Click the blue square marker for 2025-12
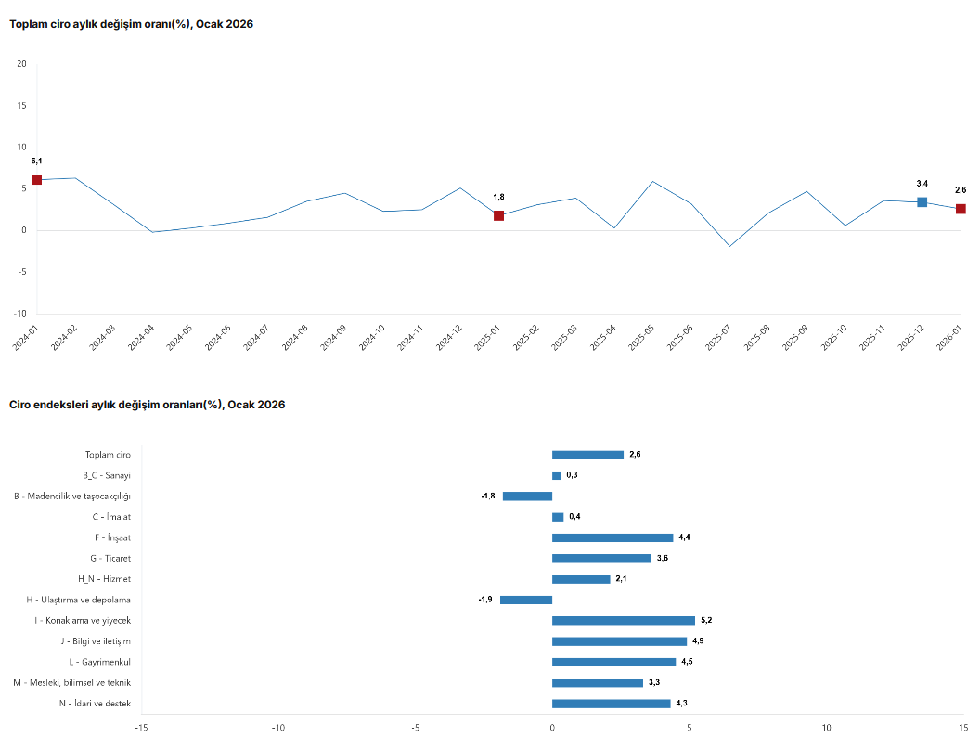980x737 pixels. [x=922, y=202]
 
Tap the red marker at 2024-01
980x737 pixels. [x=37, y=180]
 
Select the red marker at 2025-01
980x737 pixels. [x=498, y=216]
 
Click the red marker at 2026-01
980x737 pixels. [x=961, y=209]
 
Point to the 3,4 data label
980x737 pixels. [x=922, y=184]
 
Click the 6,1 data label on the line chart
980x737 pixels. [x=37, y=162]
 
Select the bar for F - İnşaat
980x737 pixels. [x=612, y=537]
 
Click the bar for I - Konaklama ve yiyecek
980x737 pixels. [x=624, y=621]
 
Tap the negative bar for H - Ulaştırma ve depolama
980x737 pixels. [x=526, y=600]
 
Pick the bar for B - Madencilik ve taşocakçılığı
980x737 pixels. [x=527, y=497]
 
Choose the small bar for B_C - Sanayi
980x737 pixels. [x=556, y=475]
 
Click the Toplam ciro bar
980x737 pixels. [x=587, y=455]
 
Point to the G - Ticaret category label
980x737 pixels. [x=110, y=559]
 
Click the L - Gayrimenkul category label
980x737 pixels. [x=99, y=663]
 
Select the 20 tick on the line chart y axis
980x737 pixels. [x=21, y=64]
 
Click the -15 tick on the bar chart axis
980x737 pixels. [x=141, y=727]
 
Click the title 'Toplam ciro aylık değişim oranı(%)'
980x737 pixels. [x=131, y=24]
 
